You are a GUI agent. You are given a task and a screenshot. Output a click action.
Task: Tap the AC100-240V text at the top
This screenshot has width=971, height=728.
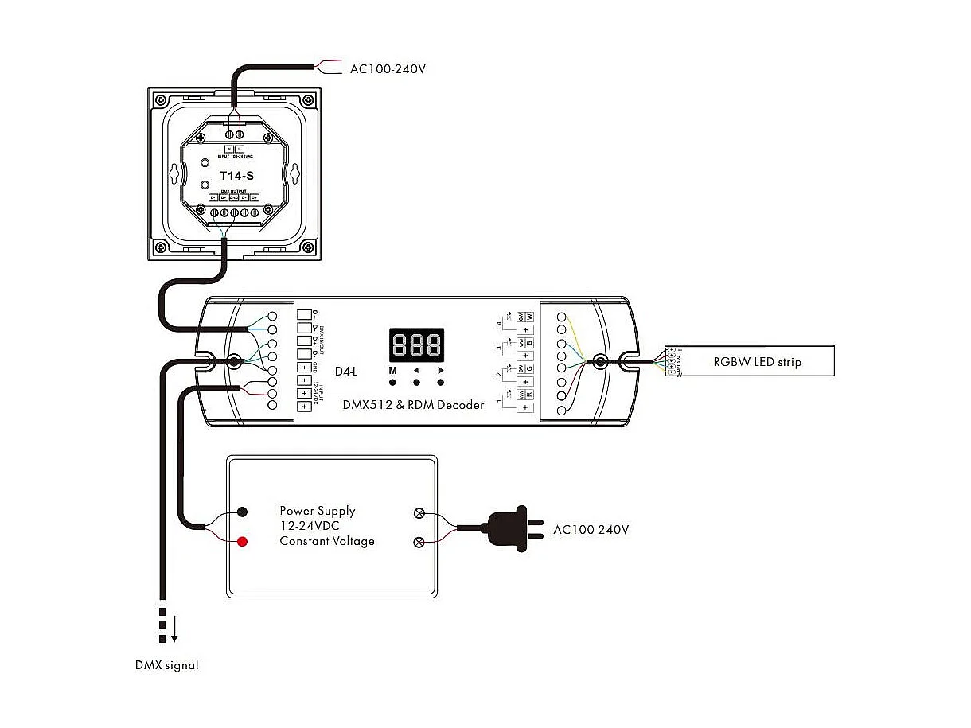pyautogui.click(x=388, y=68)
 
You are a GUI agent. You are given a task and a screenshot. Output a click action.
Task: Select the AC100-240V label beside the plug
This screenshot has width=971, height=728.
pyautogui.click(x=591, y=529)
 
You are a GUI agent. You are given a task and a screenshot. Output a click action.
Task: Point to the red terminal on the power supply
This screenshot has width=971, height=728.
pyautogui.click(x=242, y=542)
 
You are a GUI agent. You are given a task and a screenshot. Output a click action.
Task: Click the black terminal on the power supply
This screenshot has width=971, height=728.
pyautogui.click(x=242, y=512)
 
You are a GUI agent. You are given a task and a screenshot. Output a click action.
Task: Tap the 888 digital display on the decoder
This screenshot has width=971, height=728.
pyautogui.click(x=416, y=346)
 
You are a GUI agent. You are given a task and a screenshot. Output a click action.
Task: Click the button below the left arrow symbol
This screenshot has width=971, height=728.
pyautogui.click(x=416, y=383)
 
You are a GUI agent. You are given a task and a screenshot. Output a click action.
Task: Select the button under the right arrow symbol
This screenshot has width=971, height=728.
pyautogui.click(x=439, y=383)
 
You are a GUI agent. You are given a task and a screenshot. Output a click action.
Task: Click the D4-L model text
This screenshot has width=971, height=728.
pyautogui.click(x=346, y=371)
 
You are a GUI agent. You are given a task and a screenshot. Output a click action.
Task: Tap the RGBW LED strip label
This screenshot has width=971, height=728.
pyautogui.click(x=757, y=362)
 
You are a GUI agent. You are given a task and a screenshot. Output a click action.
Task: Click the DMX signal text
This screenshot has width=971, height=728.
pyautogui.click(x=166, y=665)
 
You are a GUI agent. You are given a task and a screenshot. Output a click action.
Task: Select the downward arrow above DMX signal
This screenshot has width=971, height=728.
pyautogui.click(x=174, y=628)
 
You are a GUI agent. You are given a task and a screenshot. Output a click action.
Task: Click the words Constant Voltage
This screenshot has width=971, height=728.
pyautogui.click(x=326, y=541)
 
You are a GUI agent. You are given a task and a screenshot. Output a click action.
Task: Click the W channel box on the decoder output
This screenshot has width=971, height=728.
pyautogui.click(x=528, y=316)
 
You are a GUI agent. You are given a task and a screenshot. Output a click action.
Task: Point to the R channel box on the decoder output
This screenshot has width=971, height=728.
pyautogui.click(x=528, y=394)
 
